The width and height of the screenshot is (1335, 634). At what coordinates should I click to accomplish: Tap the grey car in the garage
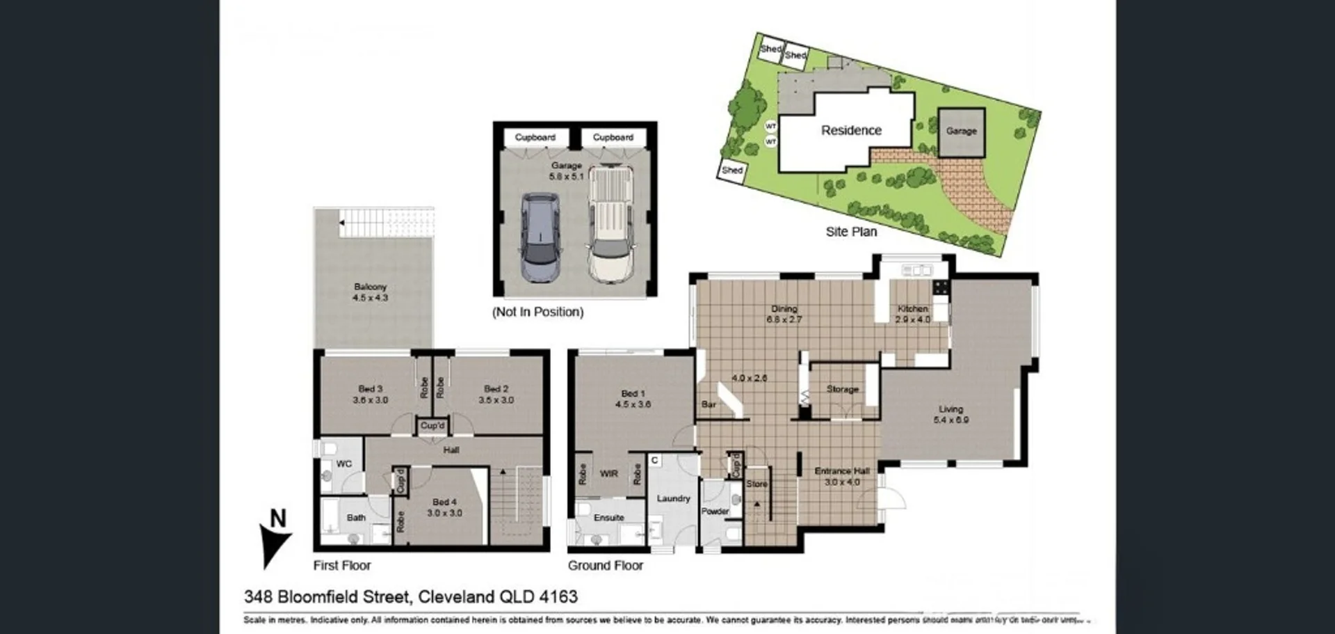540,237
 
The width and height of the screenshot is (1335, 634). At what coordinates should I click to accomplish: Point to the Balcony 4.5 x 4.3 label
370,292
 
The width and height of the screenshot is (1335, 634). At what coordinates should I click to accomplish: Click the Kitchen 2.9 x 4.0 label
912,314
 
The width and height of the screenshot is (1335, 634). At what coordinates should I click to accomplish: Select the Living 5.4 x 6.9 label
950,414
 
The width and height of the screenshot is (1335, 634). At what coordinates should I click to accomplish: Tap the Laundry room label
673,498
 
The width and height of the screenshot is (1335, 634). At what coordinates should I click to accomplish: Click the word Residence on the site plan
851,130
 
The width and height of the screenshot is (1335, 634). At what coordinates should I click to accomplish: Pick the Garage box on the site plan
961,131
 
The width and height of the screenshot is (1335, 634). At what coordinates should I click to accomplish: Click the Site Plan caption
851,232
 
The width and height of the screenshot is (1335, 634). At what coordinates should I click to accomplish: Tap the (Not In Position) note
537,312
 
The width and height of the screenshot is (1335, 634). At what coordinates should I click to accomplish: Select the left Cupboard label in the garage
535,137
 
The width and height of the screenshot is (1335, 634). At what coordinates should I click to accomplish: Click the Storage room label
842,389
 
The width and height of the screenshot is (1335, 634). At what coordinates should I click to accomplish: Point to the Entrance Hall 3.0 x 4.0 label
842,476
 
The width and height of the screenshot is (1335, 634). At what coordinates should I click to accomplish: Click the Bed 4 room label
444,507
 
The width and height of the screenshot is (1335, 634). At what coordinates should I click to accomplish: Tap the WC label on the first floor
343,463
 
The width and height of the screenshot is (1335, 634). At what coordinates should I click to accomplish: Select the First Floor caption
341,565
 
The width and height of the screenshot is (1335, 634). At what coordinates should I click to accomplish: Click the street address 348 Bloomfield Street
329,596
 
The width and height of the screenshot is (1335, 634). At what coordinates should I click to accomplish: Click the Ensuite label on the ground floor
608,518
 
